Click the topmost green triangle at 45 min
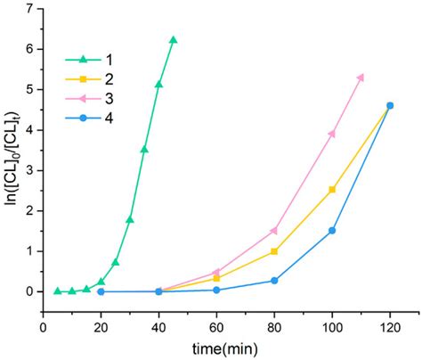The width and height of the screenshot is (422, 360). [173, 40]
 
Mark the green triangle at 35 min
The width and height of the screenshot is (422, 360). [144, 149]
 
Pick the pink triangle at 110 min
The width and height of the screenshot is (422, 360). [361, 78]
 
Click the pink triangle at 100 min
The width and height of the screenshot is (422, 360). [332, 134]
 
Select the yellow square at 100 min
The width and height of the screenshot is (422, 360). [332, 190]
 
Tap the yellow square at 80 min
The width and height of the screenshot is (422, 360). [274, 251]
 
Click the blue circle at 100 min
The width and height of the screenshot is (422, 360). [332, 230]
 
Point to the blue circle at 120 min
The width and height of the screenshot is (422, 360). [389, 105]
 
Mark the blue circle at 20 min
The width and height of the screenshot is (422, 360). [101, 291]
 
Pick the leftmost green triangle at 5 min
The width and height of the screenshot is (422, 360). [58, 290]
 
